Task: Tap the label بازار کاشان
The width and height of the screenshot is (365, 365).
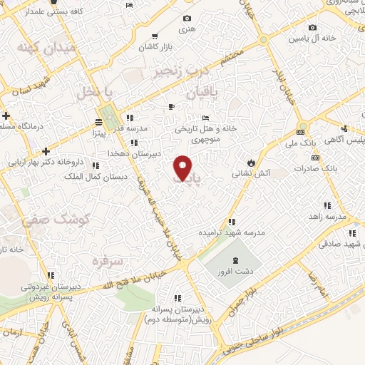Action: [x=158, y=46]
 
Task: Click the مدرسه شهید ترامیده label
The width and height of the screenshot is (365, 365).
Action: [x=225, y=233]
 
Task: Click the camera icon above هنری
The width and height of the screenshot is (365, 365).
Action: [x=187, y=19]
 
